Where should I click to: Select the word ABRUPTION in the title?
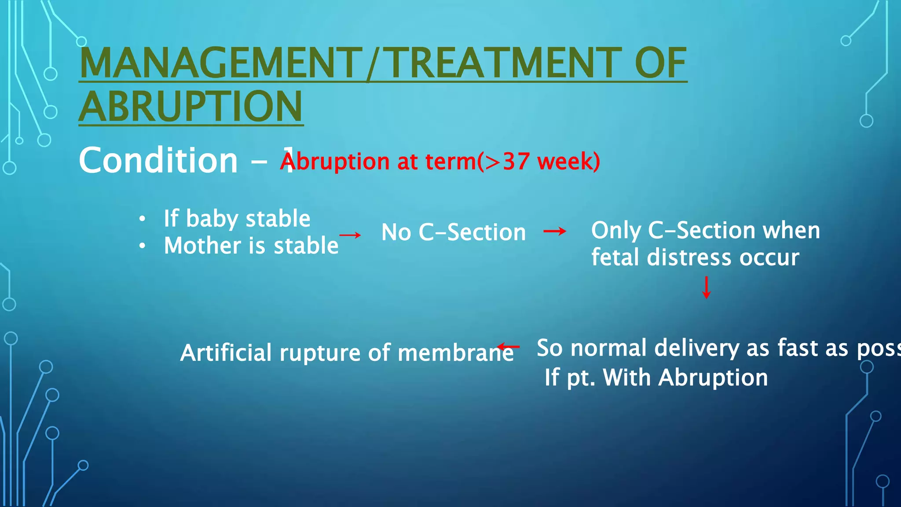(191, 107)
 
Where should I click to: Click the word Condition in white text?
(158, 161)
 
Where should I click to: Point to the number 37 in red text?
(516, 162)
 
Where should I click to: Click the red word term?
(450, 162)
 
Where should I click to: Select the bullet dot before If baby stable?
(142, 219)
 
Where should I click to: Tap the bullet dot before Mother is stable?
(142, 246)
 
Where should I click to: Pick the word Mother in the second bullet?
(202, 246)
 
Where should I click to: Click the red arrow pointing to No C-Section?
(350, 235)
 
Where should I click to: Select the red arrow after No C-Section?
(555, 231)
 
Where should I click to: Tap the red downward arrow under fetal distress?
(707, 287)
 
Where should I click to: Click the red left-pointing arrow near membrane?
(508, 347)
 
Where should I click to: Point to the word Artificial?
(226, 353)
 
